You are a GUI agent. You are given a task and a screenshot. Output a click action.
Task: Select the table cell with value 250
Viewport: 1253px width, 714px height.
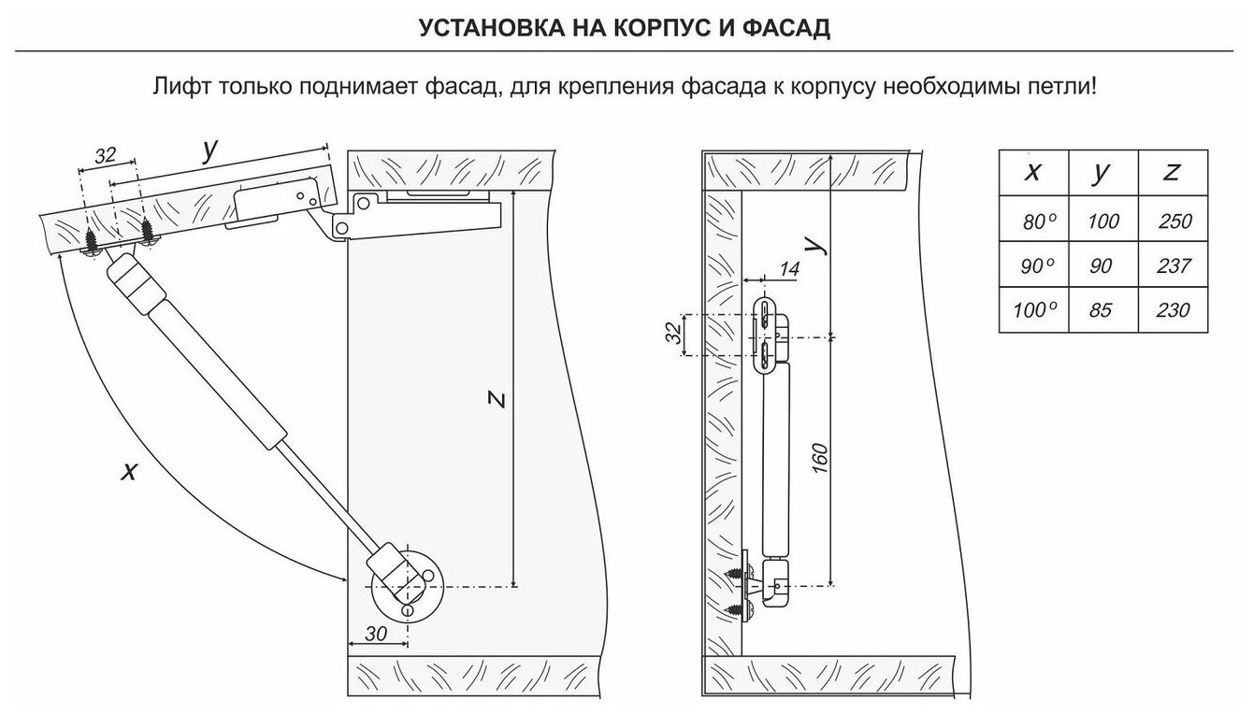(x=1174, y=221)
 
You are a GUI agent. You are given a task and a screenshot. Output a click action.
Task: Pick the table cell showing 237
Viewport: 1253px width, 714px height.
(x=1174, y=266)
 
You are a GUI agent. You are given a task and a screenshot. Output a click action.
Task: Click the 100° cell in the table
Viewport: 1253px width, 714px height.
(x=1033, y=310)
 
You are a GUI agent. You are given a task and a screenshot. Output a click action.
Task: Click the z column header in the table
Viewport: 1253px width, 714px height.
(x=1173, y=173)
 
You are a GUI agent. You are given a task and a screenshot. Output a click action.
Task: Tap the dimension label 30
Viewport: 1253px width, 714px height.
(x=376, y=633)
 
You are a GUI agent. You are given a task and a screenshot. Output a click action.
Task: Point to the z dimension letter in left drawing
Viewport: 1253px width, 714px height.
(x=498, y=400)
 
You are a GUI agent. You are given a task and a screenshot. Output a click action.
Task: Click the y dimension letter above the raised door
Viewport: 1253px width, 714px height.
(x=209, y=147)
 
